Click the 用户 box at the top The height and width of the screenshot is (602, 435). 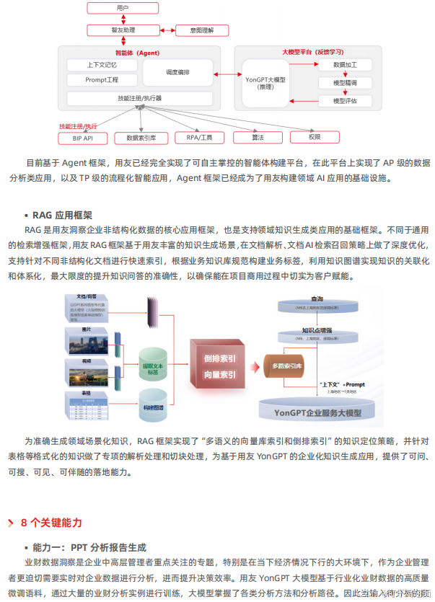click(122, 8)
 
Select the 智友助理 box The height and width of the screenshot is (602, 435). click(122, 31)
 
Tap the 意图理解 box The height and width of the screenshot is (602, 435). click(203, 31)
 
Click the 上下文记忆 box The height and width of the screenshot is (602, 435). click(102, 64)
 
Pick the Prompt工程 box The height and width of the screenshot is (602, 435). click(102, 79)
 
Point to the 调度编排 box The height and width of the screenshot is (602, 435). click(178, 72)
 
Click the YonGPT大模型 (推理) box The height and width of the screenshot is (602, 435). click(265, 82)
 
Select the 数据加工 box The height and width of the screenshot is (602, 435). click(345, 65)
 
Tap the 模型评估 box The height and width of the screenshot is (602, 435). click(345, 101)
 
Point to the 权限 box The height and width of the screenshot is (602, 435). click(315, 137)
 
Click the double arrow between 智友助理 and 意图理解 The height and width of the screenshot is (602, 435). click(166, 31)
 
